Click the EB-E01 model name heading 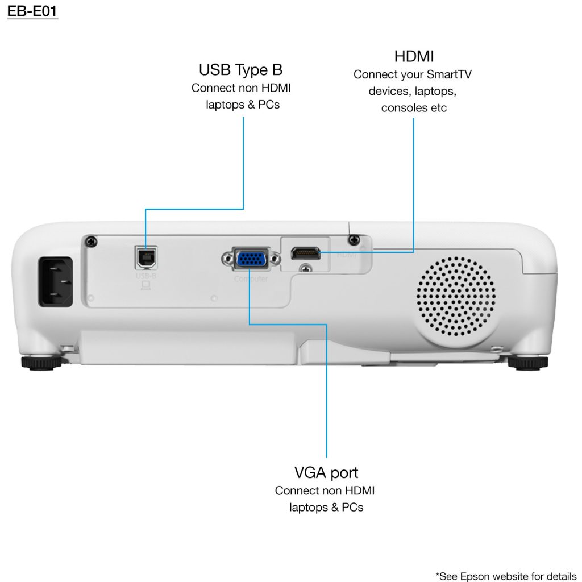coord(32,11)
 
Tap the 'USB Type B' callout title coord(240,70)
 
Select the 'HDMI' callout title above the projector coord(414,56)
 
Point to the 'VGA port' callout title coord(326,472)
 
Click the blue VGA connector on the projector coord(250,259)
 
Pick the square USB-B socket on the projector coord(144,257)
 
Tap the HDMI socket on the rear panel coord(306,252)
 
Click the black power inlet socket coord(56,282)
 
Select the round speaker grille coord(455,297)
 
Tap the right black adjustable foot coord(527,362)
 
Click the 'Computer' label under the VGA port coord(251,279)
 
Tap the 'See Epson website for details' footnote coord(506,575)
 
